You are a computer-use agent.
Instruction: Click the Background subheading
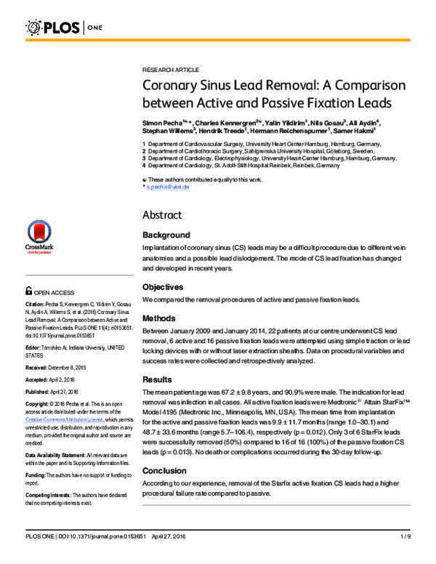pyautogui.click(x=166, y=235)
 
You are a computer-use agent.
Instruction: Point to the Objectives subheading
pyautogui.click(x=164, y=287)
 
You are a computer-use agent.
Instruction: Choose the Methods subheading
pyautogui.click(x=160, y=318)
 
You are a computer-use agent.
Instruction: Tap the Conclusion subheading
pyautogui.click(x=164, y=470)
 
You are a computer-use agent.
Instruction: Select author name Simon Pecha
pyautogui.click(x=163, y=124)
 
